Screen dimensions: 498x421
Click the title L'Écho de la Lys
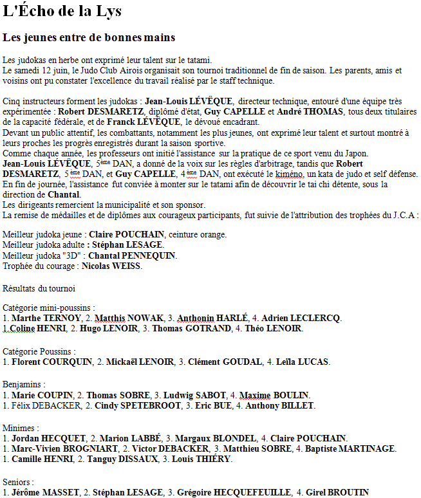tap(62, 12)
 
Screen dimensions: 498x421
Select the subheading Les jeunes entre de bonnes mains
tap(89, 38)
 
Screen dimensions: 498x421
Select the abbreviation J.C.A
tap(404, 215)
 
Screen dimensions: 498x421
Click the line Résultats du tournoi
tap(39, 288)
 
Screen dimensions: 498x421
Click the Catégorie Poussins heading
tap(39, 351)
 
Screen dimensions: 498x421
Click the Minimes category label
tap(20, 427)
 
